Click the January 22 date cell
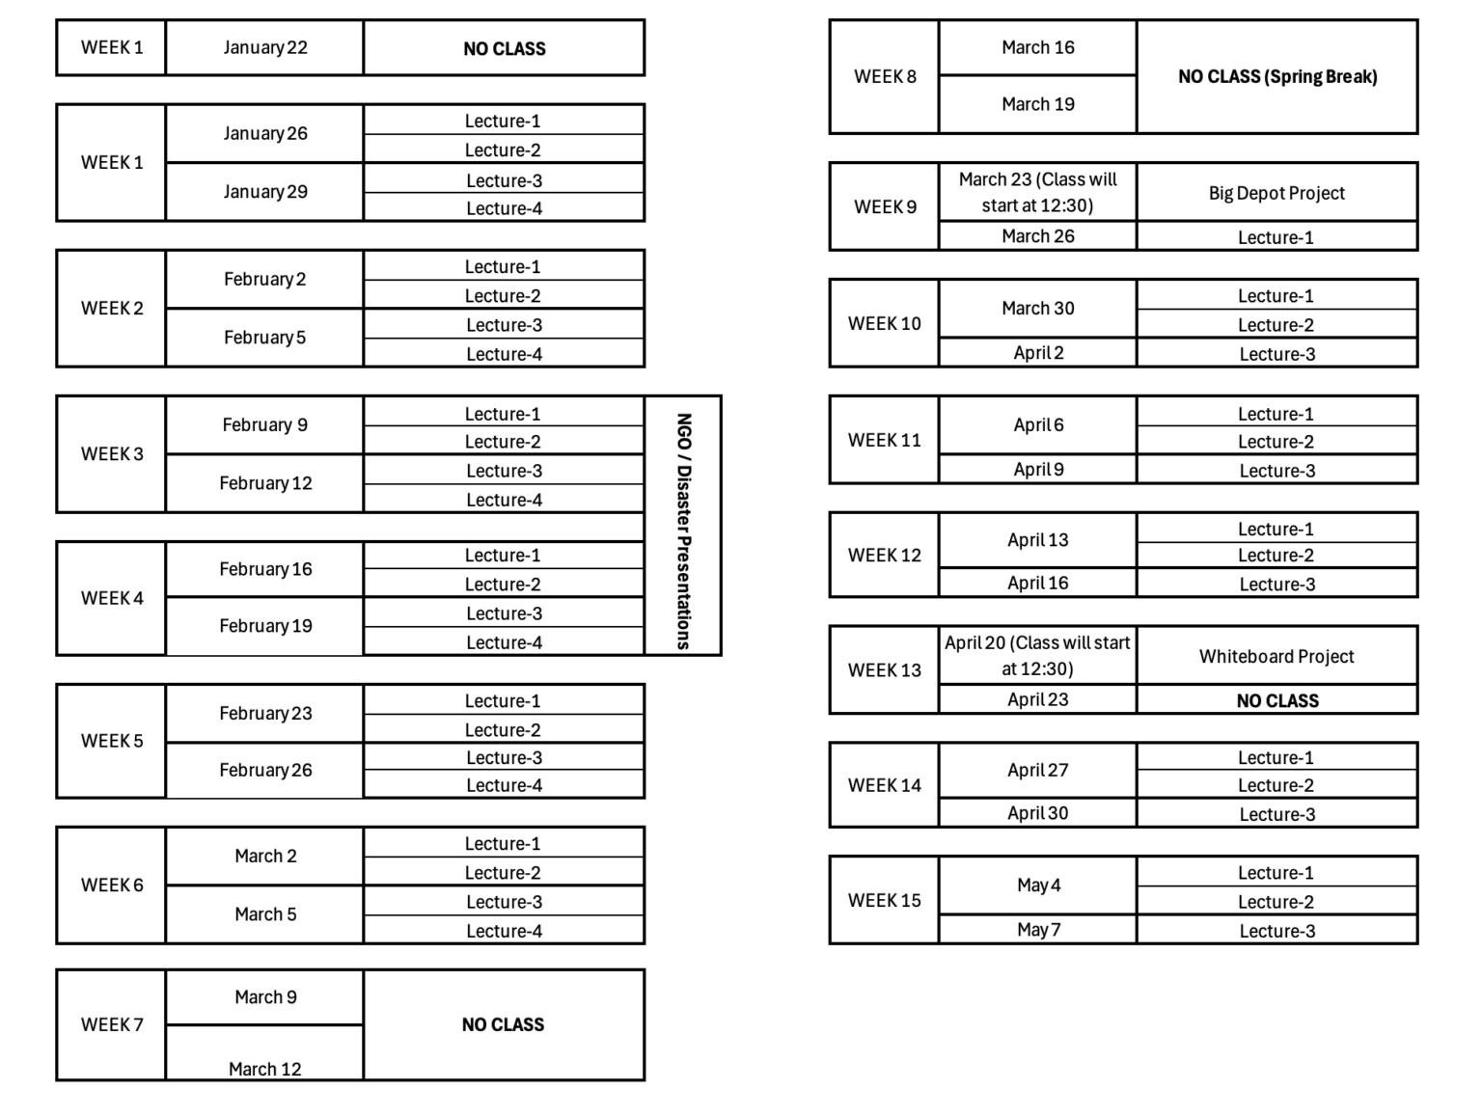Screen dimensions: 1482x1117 pos(264,47)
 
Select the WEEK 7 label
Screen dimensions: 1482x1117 pos(112,1024)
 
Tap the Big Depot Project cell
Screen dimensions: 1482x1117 pos(1276,193)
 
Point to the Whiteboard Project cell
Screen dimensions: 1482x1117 pos(1276,656)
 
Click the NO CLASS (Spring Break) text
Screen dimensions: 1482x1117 pos(1277,76)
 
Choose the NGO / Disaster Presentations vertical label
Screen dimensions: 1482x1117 pos(683,531)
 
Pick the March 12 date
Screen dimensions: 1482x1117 pos(264,1069)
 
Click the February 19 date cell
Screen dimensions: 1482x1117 pos(265,626)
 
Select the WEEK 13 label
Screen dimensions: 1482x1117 pos(885,670)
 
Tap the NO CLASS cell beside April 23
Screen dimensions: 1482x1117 pos(1277,700)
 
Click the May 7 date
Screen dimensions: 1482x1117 pos(1038,929)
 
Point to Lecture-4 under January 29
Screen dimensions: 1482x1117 pos(504,208)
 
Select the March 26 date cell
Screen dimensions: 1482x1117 pos(1038,236)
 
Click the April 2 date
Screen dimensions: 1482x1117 pos(1038,353)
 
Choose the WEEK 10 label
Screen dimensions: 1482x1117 pos(885,323)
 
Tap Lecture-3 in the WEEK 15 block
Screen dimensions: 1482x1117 pos(1277,931)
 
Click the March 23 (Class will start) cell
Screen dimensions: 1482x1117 pos(1038,192)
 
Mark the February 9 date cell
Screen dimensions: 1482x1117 pos(264,424)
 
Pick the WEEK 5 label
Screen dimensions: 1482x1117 pos(112,741)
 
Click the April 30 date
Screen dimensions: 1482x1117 pos(1038,813)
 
